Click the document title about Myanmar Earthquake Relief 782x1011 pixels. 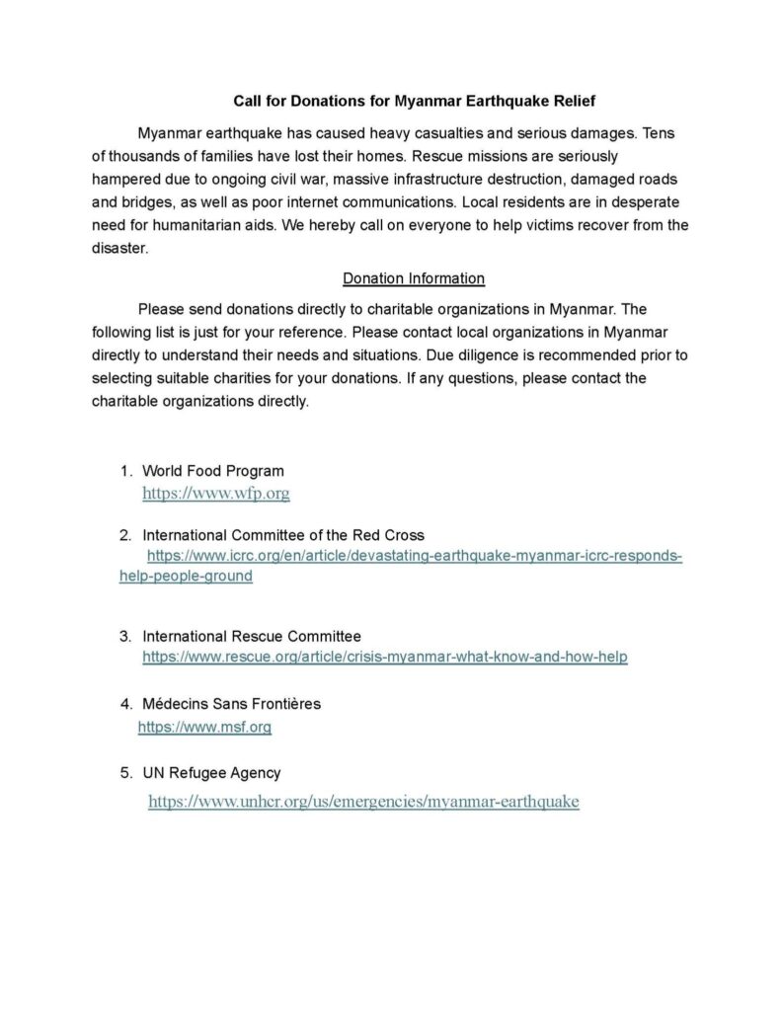click(x=414, y=101)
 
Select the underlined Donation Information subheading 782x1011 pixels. click(x=413, y=278)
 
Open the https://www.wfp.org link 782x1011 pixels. click(x=215, y=493)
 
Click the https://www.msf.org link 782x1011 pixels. click(x=204, y=728)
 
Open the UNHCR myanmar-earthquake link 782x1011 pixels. click(x=363, y=802)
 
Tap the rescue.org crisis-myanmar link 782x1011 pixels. click(x=385, y=656)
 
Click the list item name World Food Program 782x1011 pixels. click(x=213, y=471)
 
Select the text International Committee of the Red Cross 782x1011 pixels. click(x=283, y=535)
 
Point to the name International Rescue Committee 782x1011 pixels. click(x=252, y=635)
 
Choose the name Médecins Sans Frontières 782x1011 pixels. click(x=232, y=704)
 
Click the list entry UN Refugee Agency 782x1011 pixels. click(x=212, y=773)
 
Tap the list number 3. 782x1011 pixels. click(x=125, y=635)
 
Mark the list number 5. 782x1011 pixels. click(x=125, y=773)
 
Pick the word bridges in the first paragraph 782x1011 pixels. click(x=149, y=202)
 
